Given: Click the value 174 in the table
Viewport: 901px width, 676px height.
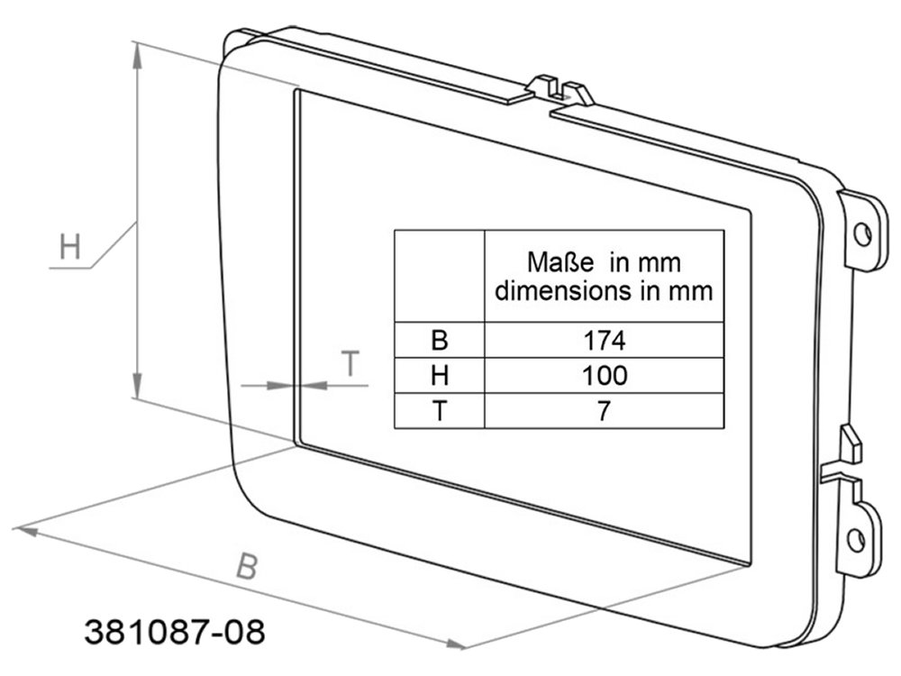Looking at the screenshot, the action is click(x=604, y=341).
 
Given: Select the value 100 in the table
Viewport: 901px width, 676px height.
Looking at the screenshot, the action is click(x=605, y=375).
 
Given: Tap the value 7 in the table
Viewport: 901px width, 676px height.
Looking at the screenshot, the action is click(x=604, y=411).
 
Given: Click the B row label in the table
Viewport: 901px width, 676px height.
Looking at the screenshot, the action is click(x=439, y=341).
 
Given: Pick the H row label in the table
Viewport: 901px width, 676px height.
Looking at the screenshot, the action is click(x=440, y=375).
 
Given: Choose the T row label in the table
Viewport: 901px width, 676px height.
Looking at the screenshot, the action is click(x=440, y=411).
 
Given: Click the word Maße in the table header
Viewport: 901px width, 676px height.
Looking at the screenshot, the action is click(x=560, y=262).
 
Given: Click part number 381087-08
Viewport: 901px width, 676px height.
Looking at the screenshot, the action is click(x=175, y=632).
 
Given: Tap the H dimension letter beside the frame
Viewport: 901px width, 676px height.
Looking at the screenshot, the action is click(x=70, y=247).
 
